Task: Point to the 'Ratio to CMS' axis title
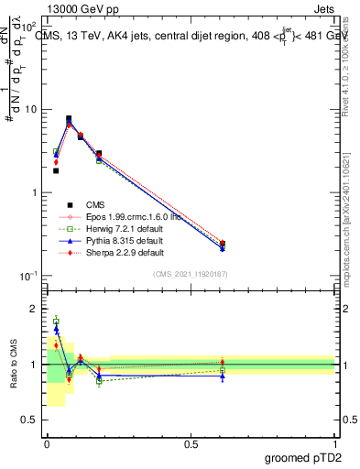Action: pos(12,364)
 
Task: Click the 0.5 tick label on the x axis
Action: pos(191,443)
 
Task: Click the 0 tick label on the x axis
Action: pos(47,443)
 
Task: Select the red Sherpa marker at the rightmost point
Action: pos(223,244)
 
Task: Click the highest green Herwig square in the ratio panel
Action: pos(56,321)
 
